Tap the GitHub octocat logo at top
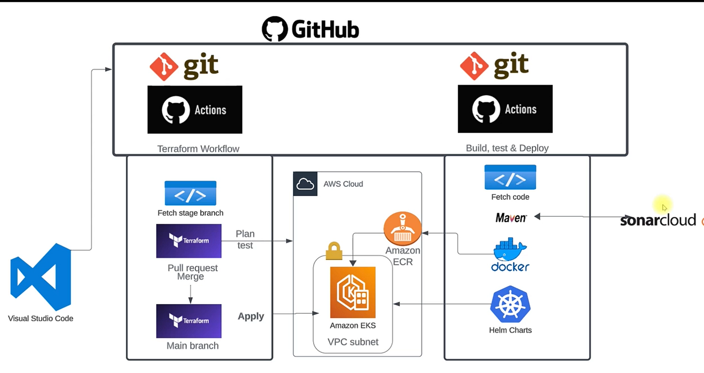click(274, 29)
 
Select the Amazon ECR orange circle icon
click(402, 229)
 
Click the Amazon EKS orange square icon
click(353, 292)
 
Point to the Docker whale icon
click(510, 250)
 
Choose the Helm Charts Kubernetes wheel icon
click(510, 305)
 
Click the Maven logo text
click(511, 218)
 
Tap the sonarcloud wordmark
click(658, 220)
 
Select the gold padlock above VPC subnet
click(334, 251)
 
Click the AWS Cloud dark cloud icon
click(305, 184)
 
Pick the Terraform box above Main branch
click(189, 321)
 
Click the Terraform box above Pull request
click(189, 241)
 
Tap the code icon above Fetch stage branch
click(190, 194)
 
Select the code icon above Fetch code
click(510, 177)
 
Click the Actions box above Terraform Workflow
click(195, 109)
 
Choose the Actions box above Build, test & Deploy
click(505, 109)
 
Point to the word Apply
click(251, 316)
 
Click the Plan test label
click(245, 239)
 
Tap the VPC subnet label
click(353, 342)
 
